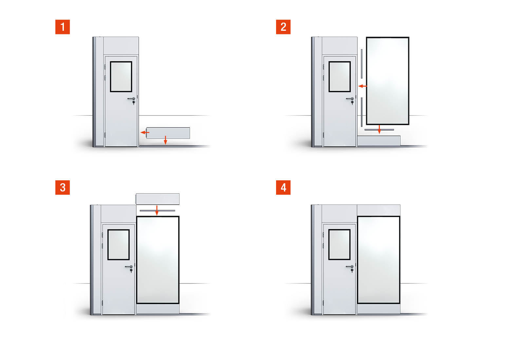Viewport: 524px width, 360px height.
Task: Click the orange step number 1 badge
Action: click(63, 27)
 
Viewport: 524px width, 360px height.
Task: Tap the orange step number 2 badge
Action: click(283, 27)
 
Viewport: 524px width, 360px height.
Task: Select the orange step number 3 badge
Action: click(63, 188)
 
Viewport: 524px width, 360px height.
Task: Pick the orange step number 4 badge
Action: click(283, 188)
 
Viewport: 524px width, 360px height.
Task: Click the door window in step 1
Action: click(121, 77)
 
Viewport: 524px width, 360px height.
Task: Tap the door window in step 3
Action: click(119, 245)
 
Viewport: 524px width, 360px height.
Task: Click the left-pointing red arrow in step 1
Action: click(145, 133)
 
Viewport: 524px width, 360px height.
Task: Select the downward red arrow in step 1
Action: click(166, 140)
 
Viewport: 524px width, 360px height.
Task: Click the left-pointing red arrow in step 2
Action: click(363, 86)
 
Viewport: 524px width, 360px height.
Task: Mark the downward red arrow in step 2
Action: click(379, 129)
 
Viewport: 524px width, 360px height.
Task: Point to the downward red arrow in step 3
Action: click(157, 210)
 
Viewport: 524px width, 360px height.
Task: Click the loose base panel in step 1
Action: click(168, 133)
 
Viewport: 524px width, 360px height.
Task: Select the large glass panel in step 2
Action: click(388, 81)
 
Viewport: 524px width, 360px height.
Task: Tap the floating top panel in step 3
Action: click(158, 199)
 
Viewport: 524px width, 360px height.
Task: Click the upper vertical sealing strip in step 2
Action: click(362, 64)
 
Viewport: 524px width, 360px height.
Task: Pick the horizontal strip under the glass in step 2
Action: click(379, 130)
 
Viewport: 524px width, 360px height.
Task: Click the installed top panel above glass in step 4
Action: click(379, 210)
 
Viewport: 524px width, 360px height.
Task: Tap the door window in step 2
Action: click(340, 77)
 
